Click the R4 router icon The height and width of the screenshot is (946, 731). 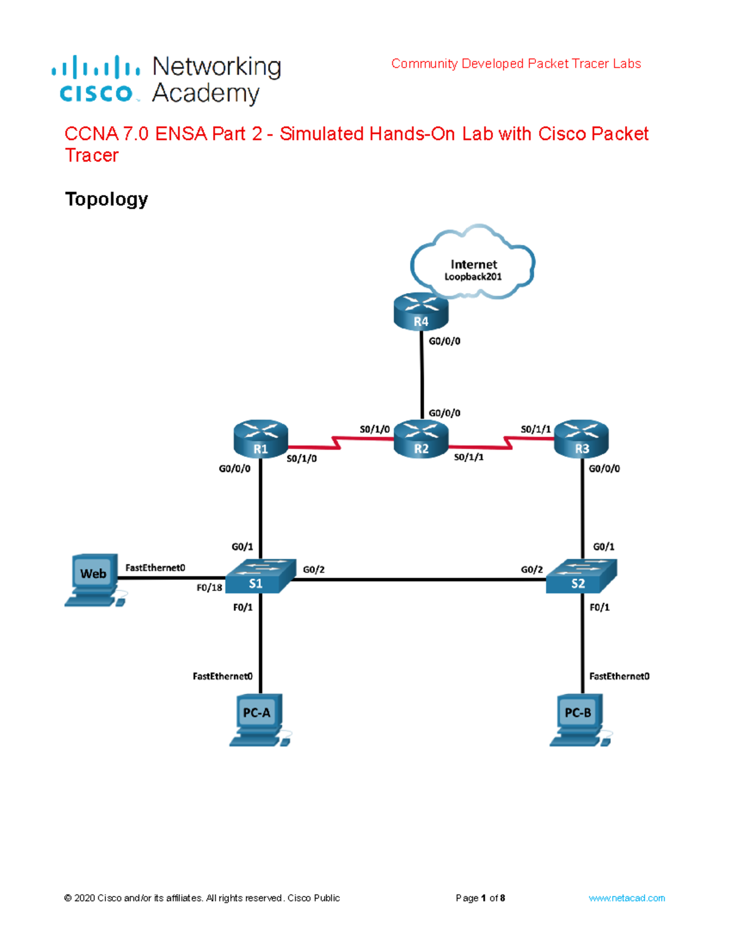(x=421, y=312)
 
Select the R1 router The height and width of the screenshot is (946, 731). (x=260, y=439)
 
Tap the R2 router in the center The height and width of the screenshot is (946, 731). (x=421, y=439)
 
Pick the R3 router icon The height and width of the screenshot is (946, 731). (x=581, y=439)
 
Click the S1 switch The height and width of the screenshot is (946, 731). (x=261, y=576)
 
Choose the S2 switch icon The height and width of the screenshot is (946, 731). (x=581, y=576)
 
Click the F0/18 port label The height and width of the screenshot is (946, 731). (x=209, y=588)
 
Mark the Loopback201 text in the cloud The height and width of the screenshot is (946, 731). (x=473, y=277)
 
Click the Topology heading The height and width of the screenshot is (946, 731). (x=107, y=199)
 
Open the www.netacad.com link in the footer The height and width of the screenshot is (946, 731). (x=626, y=898)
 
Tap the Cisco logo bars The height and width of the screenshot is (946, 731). (x=96, y=67)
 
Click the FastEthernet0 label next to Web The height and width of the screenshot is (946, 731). (x=155, y=568)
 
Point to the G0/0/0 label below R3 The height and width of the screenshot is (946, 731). (x=604, y=468)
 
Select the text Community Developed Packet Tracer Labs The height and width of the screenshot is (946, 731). (x=516, y=64)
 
